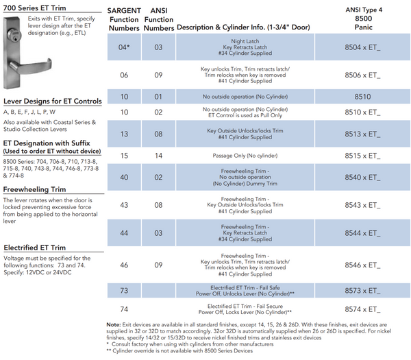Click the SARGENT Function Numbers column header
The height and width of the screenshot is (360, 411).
coord(124,20)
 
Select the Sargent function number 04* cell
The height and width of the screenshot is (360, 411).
coord(124,47)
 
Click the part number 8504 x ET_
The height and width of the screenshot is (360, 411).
coord(364,47)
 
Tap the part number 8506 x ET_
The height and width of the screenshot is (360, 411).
coord(364,73)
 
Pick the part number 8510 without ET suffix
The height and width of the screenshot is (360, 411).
coord(364,97)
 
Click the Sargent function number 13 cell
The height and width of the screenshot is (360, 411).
coord(124,133)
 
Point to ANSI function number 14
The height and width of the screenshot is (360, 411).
coord(158,156)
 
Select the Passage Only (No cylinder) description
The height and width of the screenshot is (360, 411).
coord(235,156)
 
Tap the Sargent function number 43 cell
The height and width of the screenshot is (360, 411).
coord(124,205)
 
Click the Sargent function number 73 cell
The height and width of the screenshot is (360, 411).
coord(124,291)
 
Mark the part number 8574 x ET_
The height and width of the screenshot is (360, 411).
coord(364,309)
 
